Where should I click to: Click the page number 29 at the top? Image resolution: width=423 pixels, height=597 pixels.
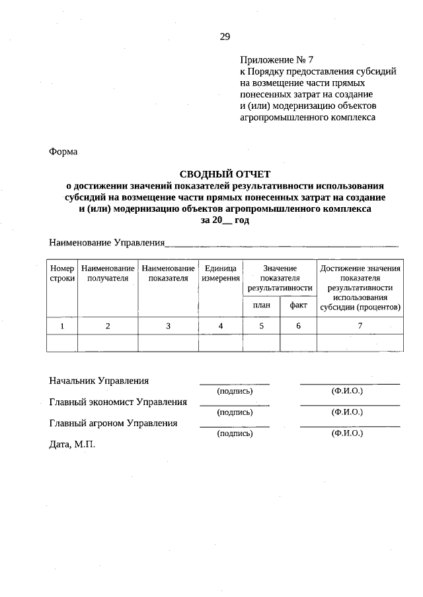[x=225, y=36]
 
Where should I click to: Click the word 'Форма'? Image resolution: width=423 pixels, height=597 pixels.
[x=63, y=152]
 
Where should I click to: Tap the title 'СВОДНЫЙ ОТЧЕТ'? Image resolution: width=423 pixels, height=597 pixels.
[x=225, y=174]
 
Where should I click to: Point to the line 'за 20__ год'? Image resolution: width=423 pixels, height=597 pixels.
[x=225, y=220]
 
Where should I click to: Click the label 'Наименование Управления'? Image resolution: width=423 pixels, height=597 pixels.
[x=106, y=243]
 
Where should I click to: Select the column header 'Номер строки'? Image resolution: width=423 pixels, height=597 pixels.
[x=62, y=273]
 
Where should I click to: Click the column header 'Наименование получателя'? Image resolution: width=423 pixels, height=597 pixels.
[x=108, y=273]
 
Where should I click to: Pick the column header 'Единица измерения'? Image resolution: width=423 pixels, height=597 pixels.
[x=221, y=273]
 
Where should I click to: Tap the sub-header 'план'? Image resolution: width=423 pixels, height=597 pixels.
[x=262, y=305]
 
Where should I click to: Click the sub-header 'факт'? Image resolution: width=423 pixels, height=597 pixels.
[x=298, y=305]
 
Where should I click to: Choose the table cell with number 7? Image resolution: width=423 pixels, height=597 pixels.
[x=360, y=326]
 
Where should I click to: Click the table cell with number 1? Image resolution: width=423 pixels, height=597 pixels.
[x=62, y=326]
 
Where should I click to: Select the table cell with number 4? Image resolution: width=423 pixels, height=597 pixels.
[x=221, y=326]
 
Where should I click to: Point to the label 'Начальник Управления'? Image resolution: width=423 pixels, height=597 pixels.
[x=98, y=381]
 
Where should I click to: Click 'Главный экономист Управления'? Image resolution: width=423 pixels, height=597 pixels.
[x=118, y=402]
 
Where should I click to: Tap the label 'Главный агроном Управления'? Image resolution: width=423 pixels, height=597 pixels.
[x=113, y=424]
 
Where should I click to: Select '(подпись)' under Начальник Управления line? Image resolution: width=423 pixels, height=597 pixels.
[x=235, y=391]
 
